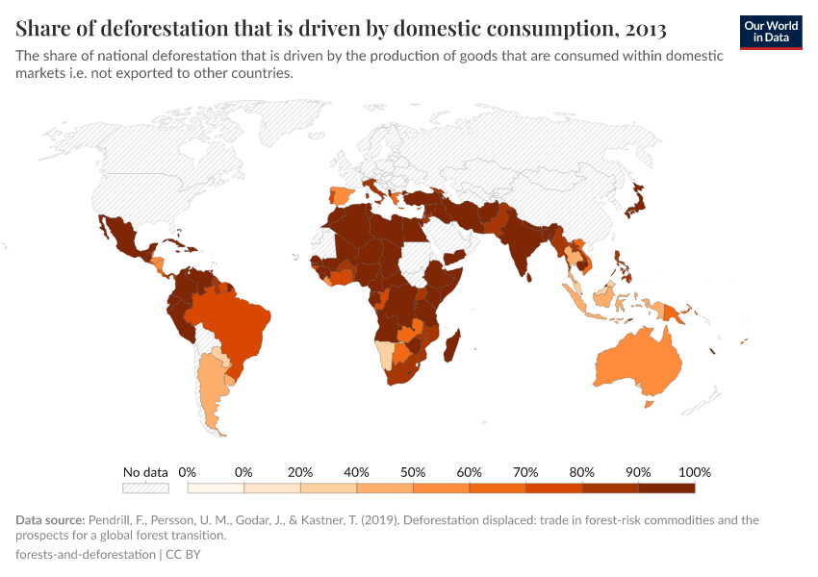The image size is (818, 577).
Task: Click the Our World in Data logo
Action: (770, 32)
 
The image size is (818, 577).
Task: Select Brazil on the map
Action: (231, 322)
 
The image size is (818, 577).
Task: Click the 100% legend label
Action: (695, 472)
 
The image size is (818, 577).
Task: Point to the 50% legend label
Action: (413, 472)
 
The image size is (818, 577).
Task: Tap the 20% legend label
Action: (300, 472)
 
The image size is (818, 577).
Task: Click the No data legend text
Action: (145, 472)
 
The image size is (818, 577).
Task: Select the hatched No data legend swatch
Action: (145, 488)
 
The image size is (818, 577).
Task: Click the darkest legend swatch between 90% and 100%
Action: (666, 488)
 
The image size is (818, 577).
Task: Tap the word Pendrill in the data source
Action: (114, 520)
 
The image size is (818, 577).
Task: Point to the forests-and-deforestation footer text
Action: (85, 555)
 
